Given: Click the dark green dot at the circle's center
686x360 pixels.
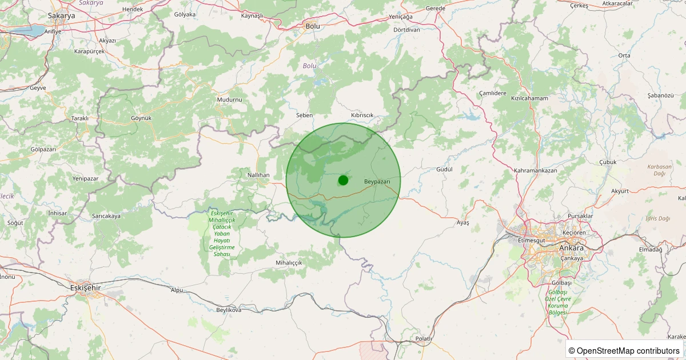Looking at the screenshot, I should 343,180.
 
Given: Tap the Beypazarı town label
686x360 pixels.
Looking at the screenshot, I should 377,181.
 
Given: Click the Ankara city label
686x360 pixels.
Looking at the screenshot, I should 572,248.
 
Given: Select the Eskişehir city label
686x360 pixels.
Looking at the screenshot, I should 85,287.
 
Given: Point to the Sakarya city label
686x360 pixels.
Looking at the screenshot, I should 61,16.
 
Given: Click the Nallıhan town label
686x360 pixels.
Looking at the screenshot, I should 258,175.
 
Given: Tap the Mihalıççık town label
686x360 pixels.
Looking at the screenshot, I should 288,262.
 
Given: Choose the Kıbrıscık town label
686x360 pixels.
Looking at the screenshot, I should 362,115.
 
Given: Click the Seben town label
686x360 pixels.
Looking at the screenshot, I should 304,115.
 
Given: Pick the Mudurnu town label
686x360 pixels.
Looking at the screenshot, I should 230,99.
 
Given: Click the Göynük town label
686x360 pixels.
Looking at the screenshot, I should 141,118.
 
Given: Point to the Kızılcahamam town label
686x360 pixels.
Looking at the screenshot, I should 529,98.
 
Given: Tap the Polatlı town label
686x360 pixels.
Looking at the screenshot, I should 424,339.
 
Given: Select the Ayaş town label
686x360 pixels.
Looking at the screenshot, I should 462,222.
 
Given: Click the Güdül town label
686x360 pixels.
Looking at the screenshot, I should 444,170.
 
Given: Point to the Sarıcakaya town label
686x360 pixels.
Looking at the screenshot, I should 106,216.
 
